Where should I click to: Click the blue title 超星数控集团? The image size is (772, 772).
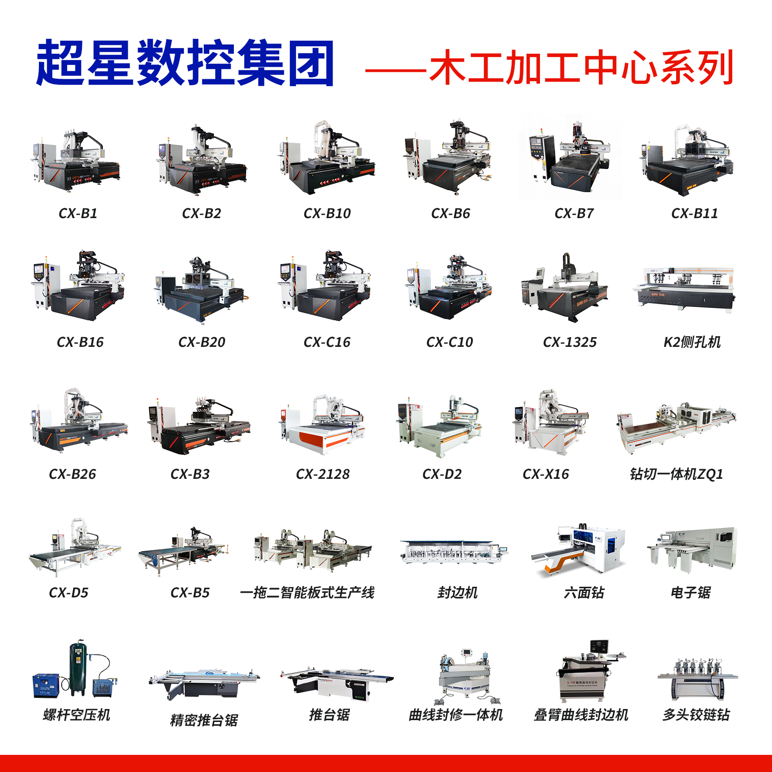[x=185, y=63]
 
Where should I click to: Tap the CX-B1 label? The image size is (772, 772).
[x=78, y=213]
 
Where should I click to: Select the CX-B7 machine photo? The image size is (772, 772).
[x=569, y=157]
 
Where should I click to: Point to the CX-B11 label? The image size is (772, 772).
[x=694, y=213]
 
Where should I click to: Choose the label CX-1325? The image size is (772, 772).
[x=570, y=342]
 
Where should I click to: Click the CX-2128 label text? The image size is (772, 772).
[x=323, y=474]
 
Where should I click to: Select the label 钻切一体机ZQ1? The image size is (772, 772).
[x=676, y=474]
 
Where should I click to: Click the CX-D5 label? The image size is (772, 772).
[x=69, y=593]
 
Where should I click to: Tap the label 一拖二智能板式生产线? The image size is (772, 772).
[x=307, y=593]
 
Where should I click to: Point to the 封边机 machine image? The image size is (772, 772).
[x=454, y=552]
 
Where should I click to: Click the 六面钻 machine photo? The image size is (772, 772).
[x=578, y=551]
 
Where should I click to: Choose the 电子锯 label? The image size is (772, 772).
[x=690, y=593]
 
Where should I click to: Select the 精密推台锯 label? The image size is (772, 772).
[x=204, y=720]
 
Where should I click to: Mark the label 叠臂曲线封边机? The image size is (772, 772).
[x=581, y=715]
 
